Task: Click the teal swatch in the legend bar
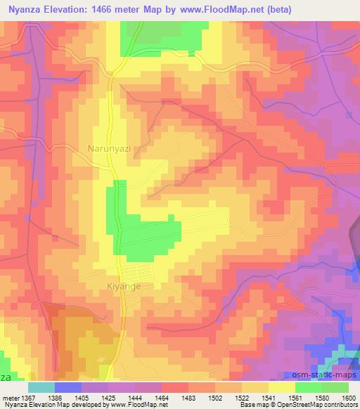[41, 387]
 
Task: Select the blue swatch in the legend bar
[68, 387]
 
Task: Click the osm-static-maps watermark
[325, 372]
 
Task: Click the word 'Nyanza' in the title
[22, 10]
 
